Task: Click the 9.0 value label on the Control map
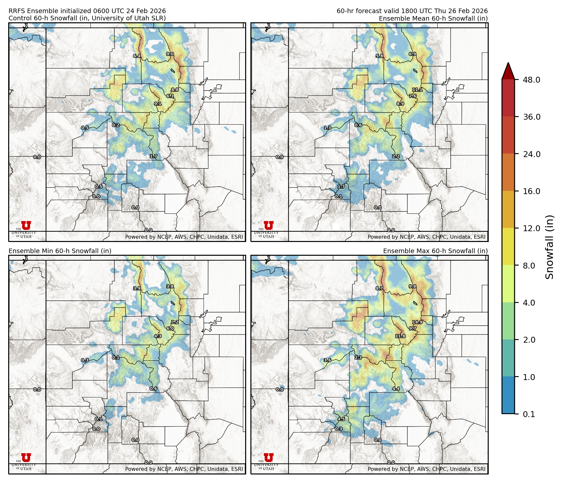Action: pos(170,54)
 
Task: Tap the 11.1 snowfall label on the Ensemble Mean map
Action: pos(417,90)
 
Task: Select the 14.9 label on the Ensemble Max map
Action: pos(417,322)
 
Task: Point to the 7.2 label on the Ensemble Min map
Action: pos(175,322)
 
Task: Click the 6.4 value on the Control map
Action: pos(137,56)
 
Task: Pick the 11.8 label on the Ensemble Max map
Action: pos(400,336)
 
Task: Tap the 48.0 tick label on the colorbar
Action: pos(532,80)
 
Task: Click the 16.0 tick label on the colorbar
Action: pos(532,191)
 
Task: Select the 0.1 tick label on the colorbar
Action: pos(529,414)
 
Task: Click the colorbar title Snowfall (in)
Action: pos(549,247)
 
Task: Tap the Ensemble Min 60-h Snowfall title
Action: pos(60,251)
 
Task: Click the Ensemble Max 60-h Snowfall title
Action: pos(435,251)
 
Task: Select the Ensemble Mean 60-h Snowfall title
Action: pos(433,19)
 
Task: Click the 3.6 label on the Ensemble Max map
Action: pos(327,360)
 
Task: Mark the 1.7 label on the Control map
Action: pos(153,156)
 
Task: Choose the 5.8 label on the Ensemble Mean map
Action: pos(380,56)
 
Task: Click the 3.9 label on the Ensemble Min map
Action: pos(137,289)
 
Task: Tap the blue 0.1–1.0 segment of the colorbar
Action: pos(508,395)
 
